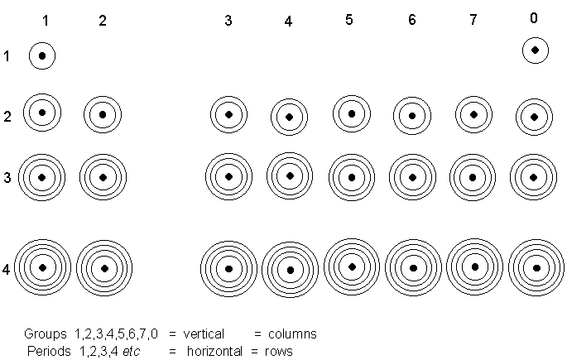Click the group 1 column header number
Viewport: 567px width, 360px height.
(x=46, y=21)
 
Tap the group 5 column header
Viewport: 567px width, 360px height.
(x=350, y=20)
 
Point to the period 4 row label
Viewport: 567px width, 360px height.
(x=7, y=269)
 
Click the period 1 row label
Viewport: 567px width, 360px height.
(x=7, y=56)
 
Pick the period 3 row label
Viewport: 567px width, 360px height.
(x=7, y=177)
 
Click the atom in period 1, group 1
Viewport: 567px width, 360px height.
(x=42, y=56)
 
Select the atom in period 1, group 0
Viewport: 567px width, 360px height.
(x=536, y=51)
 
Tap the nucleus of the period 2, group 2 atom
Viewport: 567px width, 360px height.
(x=103, y=114)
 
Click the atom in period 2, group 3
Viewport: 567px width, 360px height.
(x=228, y=114)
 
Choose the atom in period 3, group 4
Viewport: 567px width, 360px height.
(x=289, y=175)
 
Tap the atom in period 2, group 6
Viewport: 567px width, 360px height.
(x=411, y=116)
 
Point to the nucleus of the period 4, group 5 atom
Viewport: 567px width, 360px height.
(x=352, y=266)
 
